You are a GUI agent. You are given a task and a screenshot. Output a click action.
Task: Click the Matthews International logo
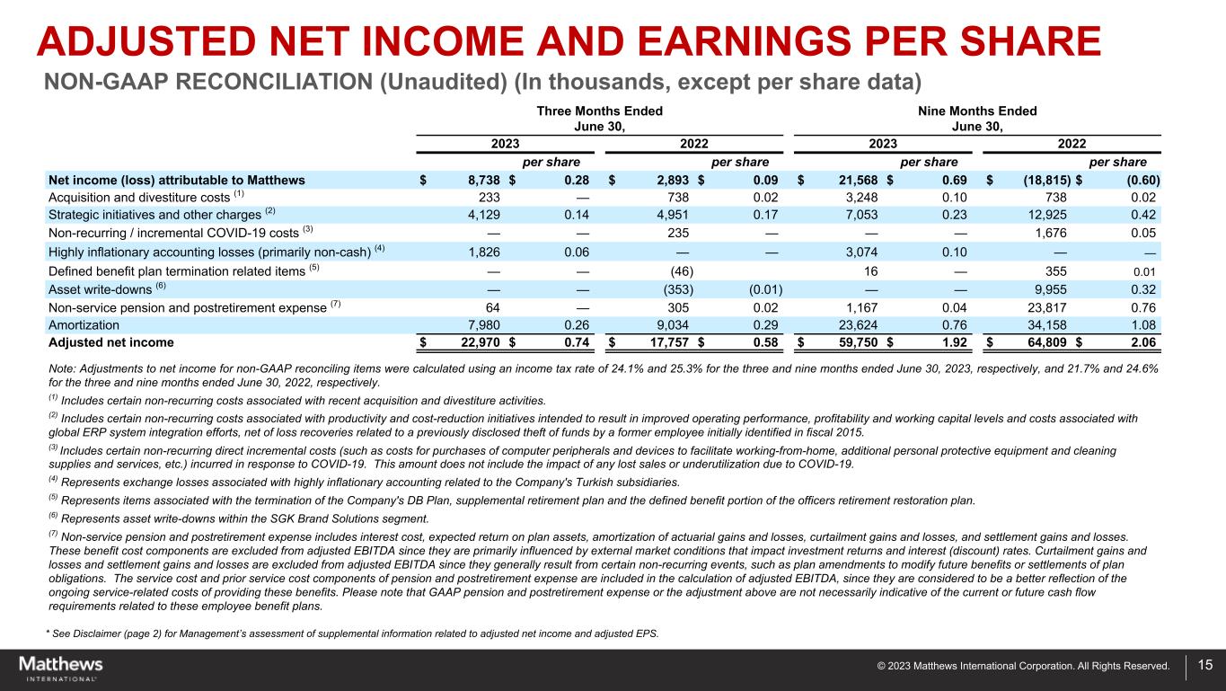coord(60,668)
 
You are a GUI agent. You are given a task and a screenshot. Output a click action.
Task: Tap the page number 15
coord(1204,666)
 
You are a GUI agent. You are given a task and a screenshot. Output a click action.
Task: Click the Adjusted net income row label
coord(110,342)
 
